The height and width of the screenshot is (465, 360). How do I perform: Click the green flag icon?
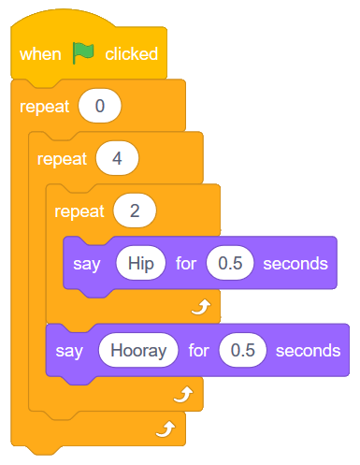[84, 53]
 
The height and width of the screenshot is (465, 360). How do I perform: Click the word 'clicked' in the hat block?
[131, 54]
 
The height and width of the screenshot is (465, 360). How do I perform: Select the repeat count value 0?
[99, 106]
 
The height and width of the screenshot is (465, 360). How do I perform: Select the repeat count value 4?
[116, 158]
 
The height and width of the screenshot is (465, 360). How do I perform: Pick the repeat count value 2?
[135, 211]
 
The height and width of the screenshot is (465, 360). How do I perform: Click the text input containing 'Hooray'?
[137, 351]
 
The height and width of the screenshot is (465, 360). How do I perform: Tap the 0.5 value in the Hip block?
[229, 263]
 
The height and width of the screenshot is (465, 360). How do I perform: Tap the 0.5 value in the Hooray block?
[242, 351]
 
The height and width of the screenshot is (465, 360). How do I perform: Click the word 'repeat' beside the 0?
[44, 106]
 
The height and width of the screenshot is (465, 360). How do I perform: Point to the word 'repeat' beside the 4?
[62, 158]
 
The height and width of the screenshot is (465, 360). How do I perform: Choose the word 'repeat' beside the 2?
[79, 211]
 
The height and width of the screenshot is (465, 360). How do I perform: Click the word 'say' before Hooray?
[68, 351]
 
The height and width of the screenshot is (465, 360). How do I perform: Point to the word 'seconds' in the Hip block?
[295, 263]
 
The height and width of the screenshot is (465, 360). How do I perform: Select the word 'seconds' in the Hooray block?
[308, 351]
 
